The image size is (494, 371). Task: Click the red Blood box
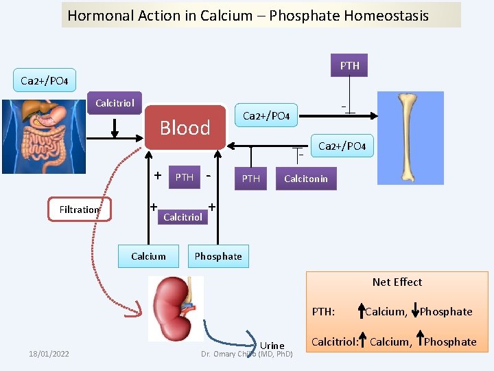(185, 127)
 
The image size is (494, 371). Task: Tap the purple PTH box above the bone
(349, 65)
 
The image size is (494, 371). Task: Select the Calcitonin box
(306, 179)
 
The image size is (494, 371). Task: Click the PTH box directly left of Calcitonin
(251, 179)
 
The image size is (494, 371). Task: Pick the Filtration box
(79, 210)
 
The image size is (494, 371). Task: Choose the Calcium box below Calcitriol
(148, 256)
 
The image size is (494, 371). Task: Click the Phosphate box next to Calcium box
(218, 256)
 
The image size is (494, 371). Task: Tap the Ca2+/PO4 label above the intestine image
(44, 81)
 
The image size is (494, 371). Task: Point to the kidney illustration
(176, 308)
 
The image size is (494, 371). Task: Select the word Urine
(272, 345)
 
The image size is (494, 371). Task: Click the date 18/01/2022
(49, 354)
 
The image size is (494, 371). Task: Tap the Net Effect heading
(397, 282)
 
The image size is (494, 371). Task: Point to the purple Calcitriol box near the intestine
(115, 103)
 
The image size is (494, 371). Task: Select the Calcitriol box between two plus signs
(183, 217)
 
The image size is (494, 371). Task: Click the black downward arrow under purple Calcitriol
(115, 128)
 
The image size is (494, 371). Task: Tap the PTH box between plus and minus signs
(185, 177)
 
